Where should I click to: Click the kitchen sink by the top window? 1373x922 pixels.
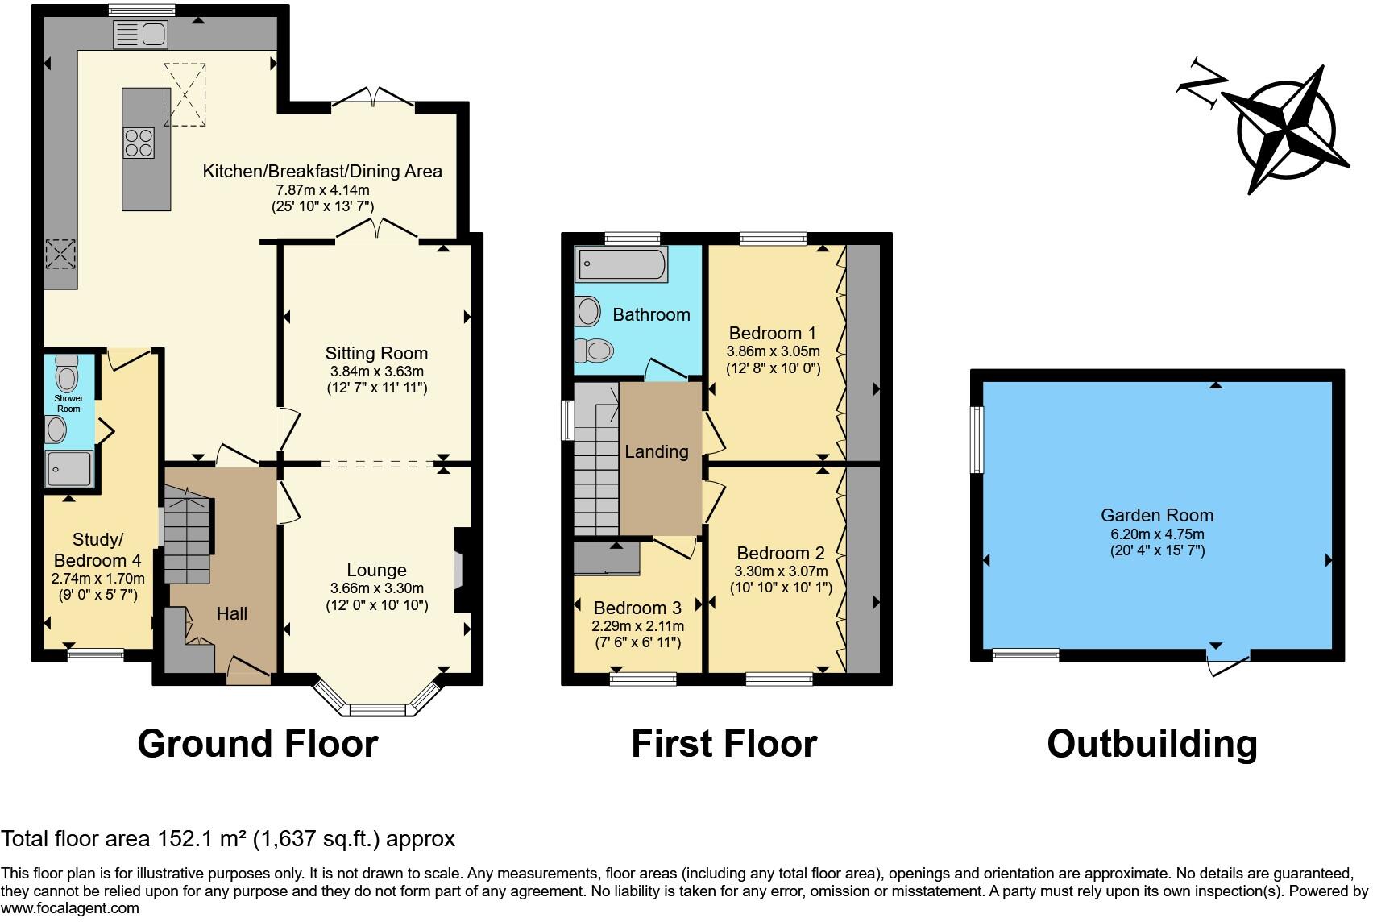point(141,34)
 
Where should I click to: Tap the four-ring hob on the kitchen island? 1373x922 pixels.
point(139,143)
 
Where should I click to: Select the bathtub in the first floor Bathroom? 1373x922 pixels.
point(621,264)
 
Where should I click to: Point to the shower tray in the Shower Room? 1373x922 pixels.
point(69,468)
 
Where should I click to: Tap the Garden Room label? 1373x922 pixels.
point(1156,515)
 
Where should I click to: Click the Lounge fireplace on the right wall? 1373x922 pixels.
point(461,571)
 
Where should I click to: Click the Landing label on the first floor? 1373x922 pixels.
point(656,451)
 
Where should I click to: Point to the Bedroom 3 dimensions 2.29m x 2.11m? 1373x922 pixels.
point(639,626)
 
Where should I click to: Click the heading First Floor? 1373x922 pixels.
point(724,743)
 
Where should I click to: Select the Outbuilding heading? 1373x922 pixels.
point(1151,743)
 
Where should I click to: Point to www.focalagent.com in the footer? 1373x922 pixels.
point(71,908)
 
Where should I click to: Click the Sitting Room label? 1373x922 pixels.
point(376,353)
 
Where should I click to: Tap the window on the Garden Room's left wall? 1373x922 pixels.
point(977,439)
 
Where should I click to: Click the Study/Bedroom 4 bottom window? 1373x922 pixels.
point(96,655)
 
